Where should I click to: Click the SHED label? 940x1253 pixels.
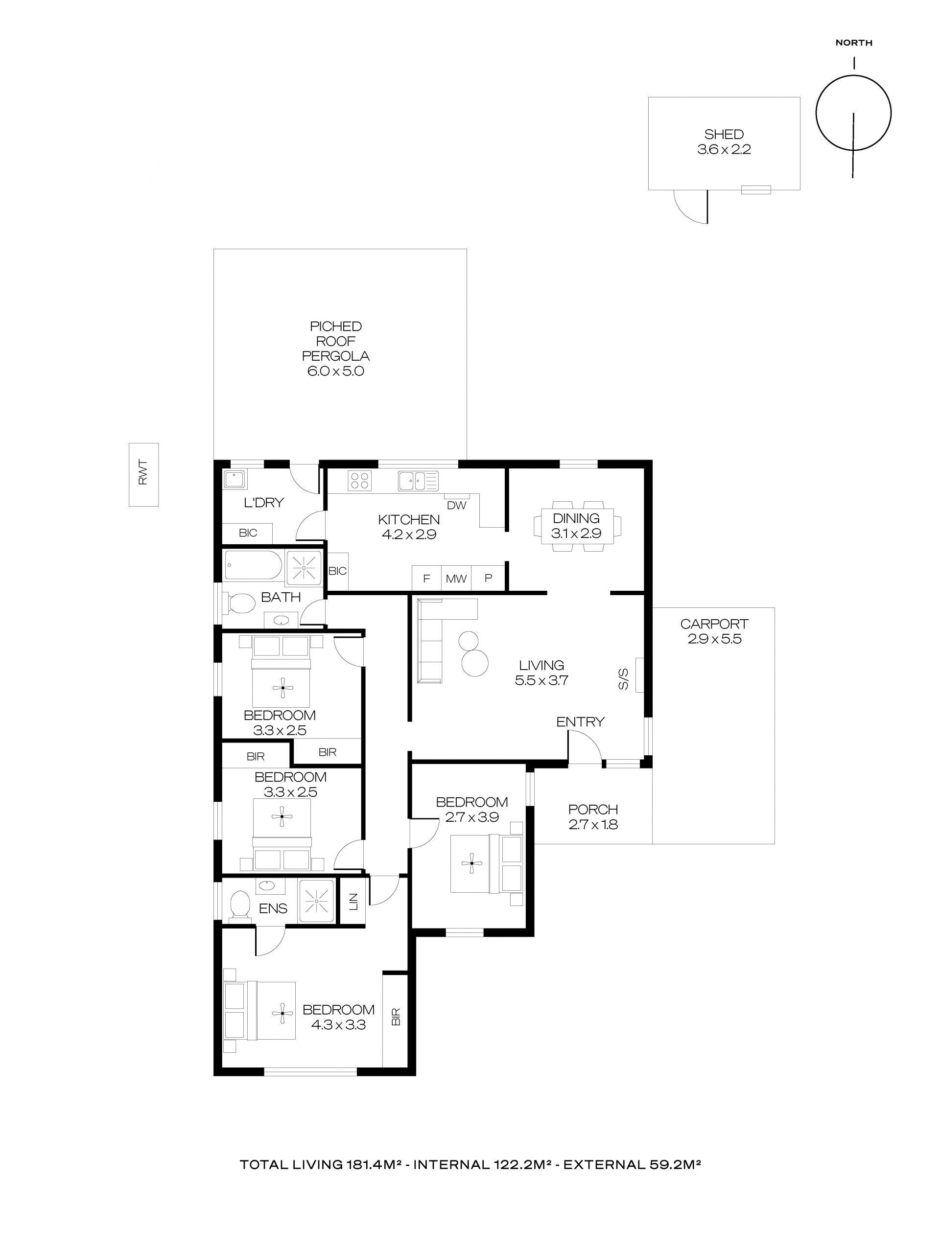724,134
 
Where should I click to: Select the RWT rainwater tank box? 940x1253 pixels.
143,474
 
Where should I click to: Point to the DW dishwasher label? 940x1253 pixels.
457,505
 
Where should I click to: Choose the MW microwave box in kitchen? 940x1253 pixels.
456,579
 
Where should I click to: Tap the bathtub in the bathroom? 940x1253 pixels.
252,565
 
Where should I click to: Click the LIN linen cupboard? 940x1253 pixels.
352,901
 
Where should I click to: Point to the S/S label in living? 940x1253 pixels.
623,679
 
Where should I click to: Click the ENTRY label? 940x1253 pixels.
580,721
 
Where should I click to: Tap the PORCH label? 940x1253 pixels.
593,810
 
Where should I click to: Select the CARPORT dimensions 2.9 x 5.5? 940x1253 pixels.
714,639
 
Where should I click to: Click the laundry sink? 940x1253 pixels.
235,480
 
